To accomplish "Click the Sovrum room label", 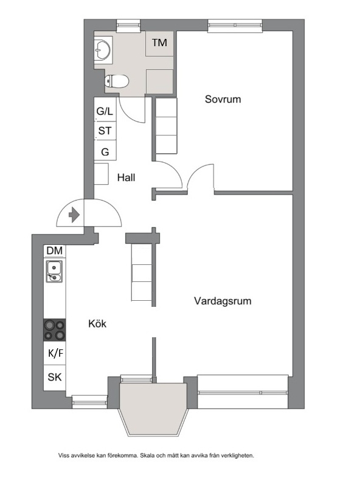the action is [223, 99].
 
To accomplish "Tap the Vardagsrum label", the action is [223, 301].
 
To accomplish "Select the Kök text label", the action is [97, 323].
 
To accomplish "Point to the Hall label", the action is [126, 177].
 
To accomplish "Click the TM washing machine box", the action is [159, 44].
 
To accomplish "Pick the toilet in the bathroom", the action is [117, 81].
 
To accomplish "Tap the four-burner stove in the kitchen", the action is [55, 330].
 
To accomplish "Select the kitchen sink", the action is [54, 272].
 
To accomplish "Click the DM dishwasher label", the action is [55, 250].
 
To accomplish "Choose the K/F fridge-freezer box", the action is [55, 353].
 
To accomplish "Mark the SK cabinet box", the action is [55, 377].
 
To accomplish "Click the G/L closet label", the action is [105, 111].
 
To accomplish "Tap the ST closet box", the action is [105, 131].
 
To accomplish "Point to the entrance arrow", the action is [74, 215].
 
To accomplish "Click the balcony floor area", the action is [153, 407].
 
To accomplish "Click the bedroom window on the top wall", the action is [235, 26].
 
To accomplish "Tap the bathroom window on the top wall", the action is [128, 26].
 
